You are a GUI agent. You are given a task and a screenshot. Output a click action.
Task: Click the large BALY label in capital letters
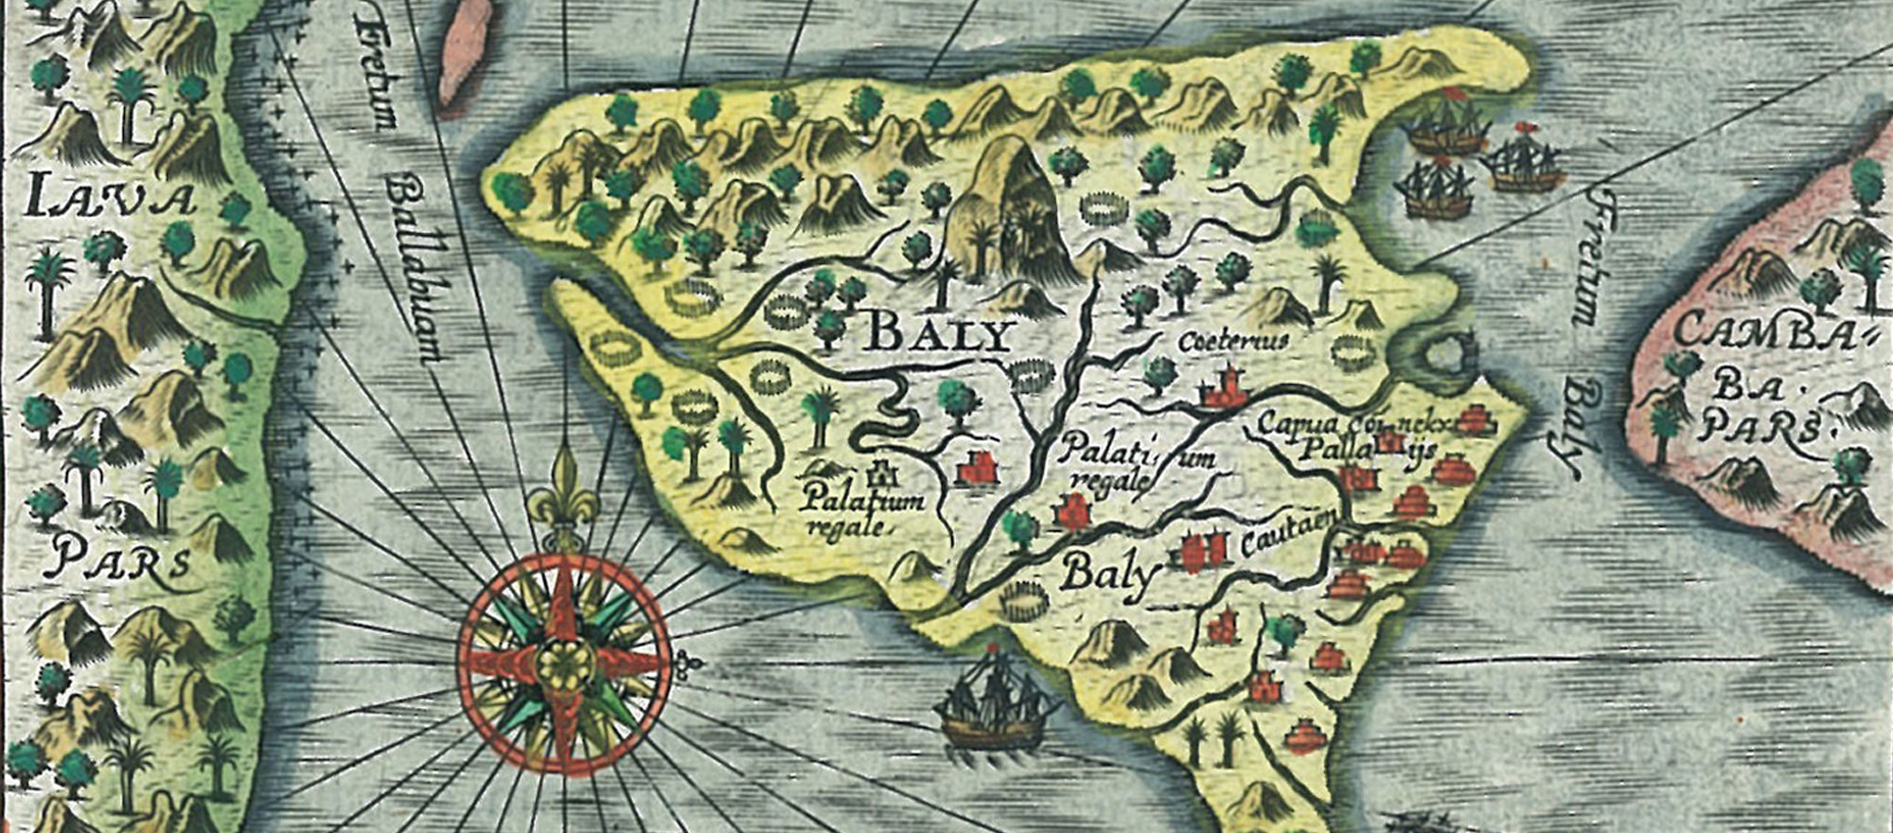938,334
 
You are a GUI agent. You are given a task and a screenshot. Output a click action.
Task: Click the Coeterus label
1231,342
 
